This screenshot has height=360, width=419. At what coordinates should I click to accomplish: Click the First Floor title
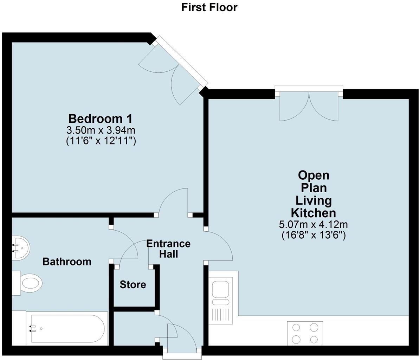pyautogui.click(x=209, y=7)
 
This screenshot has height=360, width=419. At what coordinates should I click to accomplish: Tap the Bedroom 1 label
pyautogui.click(x=101, y=118)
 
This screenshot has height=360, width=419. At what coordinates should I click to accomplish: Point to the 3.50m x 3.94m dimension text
pyautogui.click(x=101, y=130)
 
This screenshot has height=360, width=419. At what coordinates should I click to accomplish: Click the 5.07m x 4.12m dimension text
pyautogui.click(x=314, y=224)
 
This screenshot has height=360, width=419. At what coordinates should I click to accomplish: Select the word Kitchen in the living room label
pyautogui.click(x=313, y=213)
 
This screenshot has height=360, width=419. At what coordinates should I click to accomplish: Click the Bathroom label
pyautogui.click(x=67, y=262)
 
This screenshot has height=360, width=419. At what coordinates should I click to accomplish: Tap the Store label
pyautogui.click(x=133, y=284)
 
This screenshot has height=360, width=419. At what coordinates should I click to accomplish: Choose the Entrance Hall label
pyautogui.click(x=168, y=249)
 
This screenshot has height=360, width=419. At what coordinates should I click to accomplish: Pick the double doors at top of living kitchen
pyautogui.click(x=309, y=105)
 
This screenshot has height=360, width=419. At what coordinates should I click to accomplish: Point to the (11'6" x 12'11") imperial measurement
pyautogui.click(x=101, y=141)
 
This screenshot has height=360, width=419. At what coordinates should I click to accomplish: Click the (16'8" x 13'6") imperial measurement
pyautogui.click(x=314, y=235)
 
